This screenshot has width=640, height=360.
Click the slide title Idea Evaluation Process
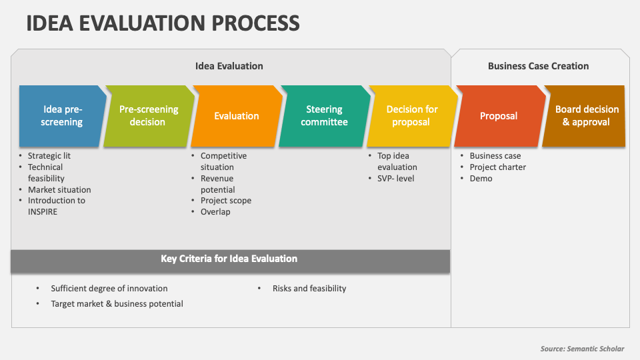point(163,23)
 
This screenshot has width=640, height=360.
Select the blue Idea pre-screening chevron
point(62,116)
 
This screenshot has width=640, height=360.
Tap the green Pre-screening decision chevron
point(149,116)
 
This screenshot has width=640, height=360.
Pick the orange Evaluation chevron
point(236,116)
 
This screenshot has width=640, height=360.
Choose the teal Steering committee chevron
point(324,116)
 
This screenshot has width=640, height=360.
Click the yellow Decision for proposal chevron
point(412,116)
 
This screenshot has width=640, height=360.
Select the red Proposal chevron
point(499,116)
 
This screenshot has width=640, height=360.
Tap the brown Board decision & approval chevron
point(584,116)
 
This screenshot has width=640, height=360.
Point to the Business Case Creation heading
point(539,66)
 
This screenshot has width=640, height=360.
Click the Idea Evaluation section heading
point(229,66)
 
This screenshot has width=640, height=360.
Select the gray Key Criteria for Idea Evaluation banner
point(230,261)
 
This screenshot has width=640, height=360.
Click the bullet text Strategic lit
point(49,155)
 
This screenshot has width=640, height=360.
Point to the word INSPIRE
point(43,212)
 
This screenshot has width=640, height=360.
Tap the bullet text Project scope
point(226,201)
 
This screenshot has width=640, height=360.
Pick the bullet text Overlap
point(215,212)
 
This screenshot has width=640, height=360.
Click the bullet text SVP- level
point(395,179)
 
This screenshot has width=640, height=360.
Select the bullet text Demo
point(481,179)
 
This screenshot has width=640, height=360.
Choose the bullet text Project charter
point(497,167)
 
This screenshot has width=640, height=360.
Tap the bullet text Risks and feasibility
point(309,289)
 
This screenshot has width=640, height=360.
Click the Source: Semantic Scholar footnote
point(582,349)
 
